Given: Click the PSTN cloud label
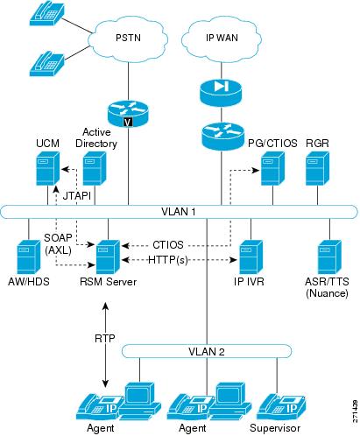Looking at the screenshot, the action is tap(128, 38).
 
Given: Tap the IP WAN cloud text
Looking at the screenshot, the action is tap(222, 38).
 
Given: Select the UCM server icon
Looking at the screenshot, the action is tap(48, 168).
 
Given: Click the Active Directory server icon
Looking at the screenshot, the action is tap(95, 168).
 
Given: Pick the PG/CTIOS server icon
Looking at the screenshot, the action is tap(272, 168).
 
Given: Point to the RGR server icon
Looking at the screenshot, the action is tap(317, 168).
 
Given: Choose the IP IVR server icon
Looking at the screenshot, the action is tap(251, 257).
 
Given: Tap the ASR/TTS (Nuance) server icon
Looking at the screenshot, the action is tap(329, 257).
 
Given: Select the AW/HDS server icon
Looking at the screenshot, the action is tap(29, 257).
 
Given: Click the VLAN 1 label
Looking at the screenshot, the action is tap(179, 212).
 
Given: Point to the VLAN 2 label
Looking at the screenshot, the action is tap(207, 352).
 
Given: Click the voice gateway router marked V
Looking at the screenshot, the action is tap(128, 114).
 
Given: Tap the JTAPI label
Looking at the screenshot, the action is tap(77, 195).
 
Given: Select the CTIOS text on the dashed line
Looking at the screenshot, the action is tap(168, 245).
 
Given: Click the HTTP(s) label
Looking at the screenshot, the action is tap(168, 259).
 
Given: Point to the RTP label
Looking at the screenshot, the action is tap(105, 338).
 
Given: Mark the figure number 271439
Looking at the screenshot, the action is tap(355, 411).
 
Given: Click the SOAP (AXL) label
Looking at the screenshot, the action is tap(58, 244).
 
